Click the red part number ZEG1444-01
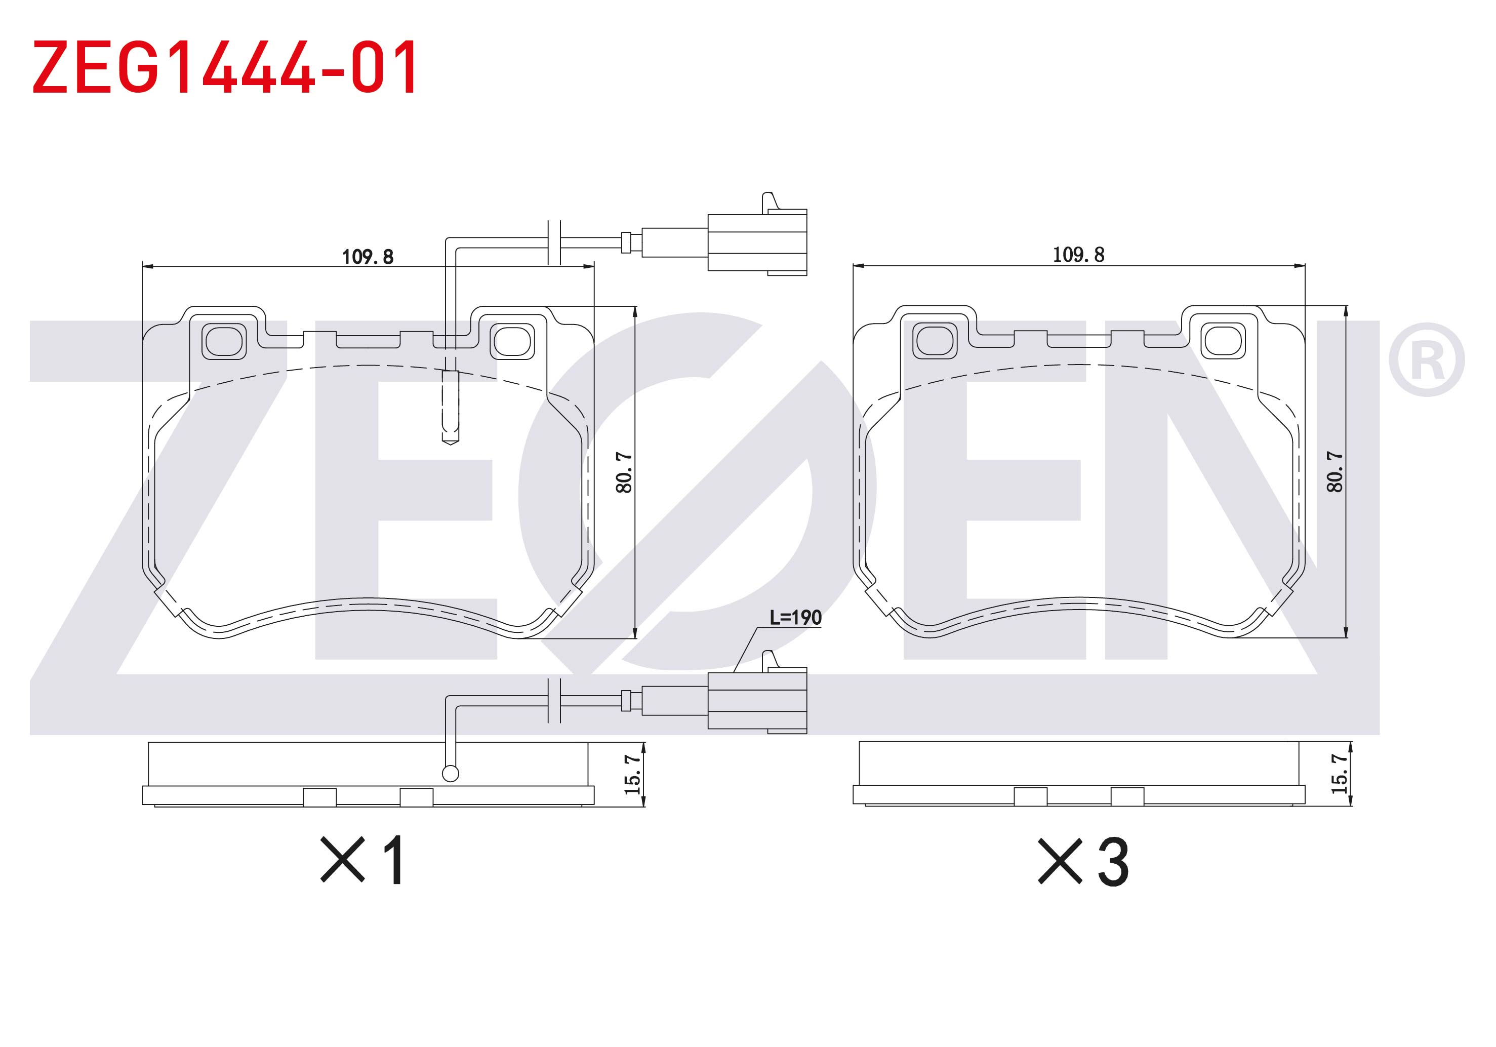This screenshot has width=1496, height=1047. (225, 66)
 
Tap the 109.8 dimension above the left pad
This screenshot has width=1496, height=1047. (368, 257)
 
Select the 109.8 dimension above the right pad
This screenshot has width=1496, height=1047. (1079, 255)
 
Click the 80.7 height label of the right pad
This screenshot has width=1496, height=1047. (1335, 472)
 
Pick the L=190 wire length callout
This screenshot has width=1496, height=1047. (795, 618)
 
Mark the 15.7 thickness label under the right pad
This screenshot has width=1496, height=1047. (1340, 774)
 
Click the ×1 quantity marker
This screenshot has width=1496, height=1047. (363, 860)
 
